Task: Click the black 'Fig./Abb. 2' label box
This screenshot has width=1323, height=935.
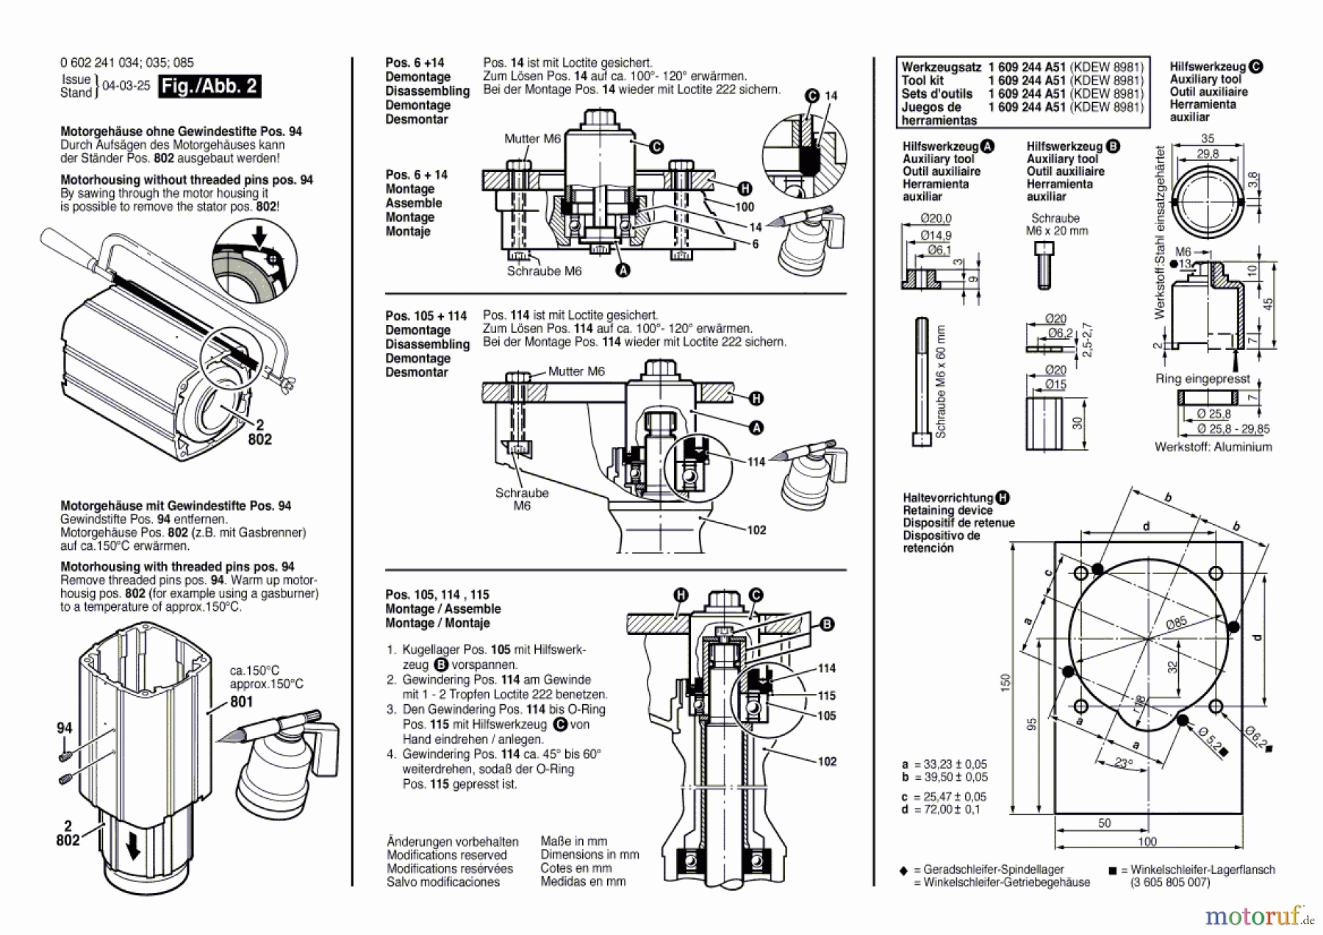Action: tap(209, 86)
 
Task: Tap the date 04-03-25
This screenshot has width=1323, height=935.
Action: tap(126, 86)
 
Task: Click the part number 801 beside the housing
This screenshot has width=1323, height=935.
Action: tap(241, 701)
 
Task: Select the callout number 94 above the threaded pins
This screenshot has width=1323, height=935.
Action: tap(65, 728)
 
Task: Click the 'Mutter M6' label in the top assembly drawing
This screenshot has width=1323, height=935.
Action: tap(532, 138)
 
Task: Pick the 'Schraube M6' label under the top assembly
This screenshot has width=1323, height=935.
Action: tap(544, 271)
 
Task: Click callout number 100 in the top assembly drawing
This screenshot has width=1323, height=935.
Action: tap(745, 207)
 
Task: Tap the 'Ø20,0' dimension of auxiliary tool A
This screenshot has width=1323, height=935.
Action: tap(936, 218)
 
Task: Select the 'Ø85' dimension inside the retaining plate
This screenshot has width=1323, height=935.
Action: tap(1176, 623)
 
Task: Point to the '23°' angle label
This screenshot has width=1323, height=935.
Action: tap(1122, 763)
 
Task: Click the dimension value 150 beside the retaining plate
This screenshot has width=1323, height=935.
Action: tap(1005, 682)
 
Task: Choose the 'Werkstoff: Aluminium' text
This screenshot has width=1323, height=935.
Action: tap(1213, 447)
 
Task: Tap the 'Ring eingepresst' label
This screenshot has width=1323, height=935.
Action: tap(1202, 379)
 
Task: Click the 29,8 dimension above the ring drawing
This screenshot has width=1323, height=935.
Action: tap(1208, 154)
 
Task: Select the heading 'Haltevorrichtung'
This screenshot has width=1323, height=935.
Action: tap(948, 498)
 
